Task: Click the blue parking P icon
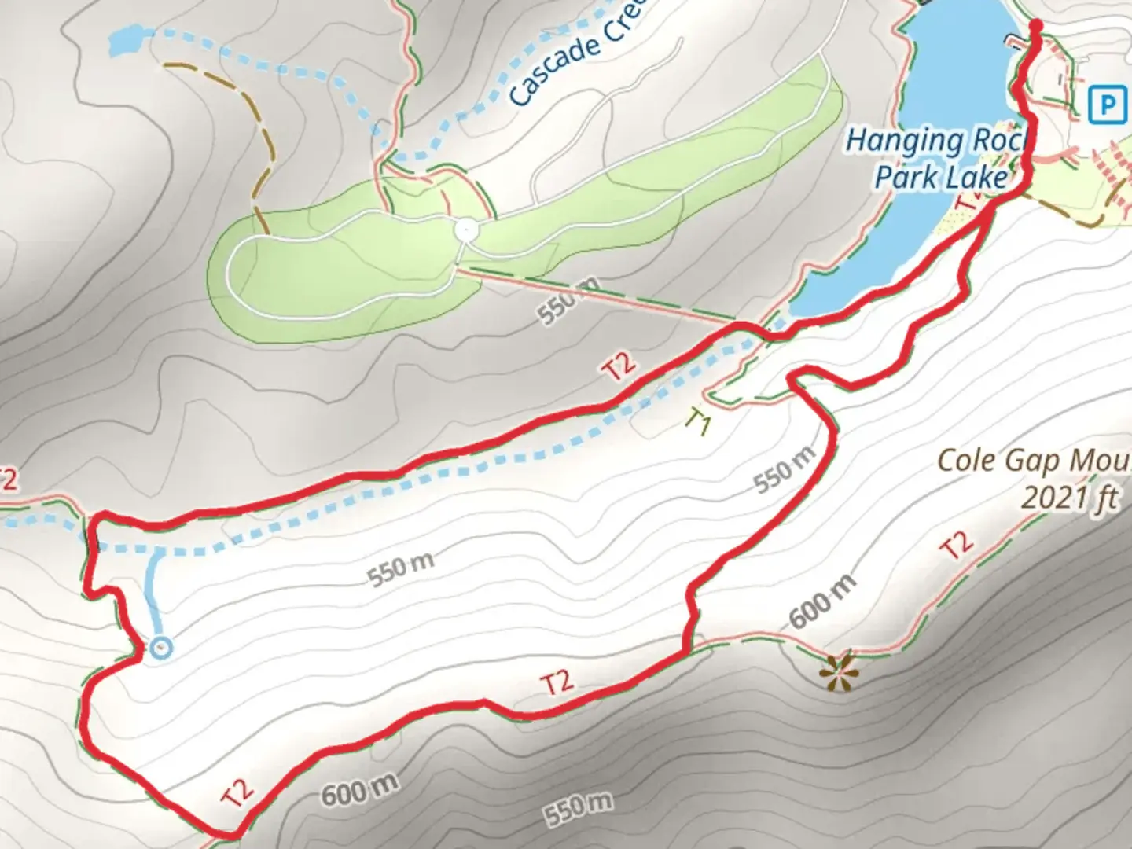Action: click(1108, 105)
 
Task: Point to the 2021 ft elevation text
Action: click(1069, 497)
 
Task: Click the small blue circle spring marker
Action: click(160, 648)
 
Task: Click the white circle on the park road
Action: click(466, 230)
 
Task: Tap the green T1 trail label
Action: click(697, 422)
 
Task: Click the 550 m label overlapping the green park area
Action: click(568, 300)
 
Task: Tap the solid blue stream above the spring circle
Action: click(153, 590)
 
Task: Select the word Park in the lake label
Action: click(902, 178)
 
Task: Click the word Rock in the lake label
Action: click(998, 141)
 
